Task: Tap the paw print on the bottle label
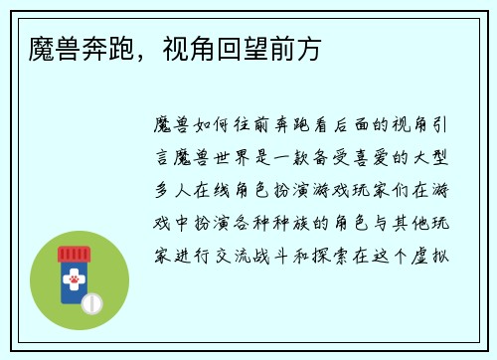coord(71,284)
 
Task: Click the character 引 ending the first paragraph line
coord(457,126)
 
